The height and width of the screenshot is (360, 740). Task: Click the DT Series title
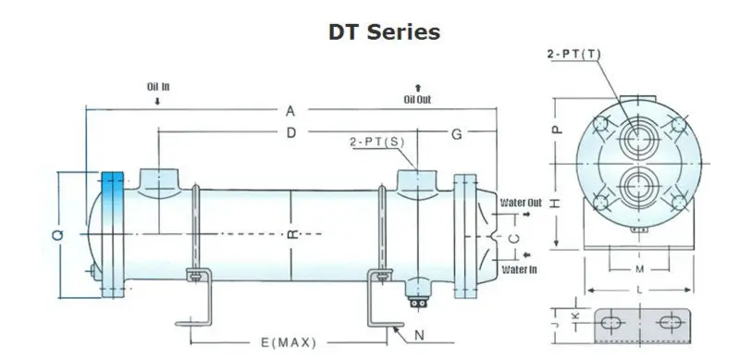coord(383,31)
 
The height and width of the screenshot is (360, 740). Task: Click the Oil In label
coord(157,87)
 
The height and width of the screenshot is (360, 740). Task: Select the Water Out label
coord(520,201)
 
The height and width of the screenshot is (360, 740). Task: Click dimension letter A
coord(290,111)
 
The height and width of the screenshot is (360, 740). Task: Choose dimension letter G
coord(456,135)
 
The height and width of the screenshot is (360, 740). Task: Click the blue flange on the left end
coord(112,236)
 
